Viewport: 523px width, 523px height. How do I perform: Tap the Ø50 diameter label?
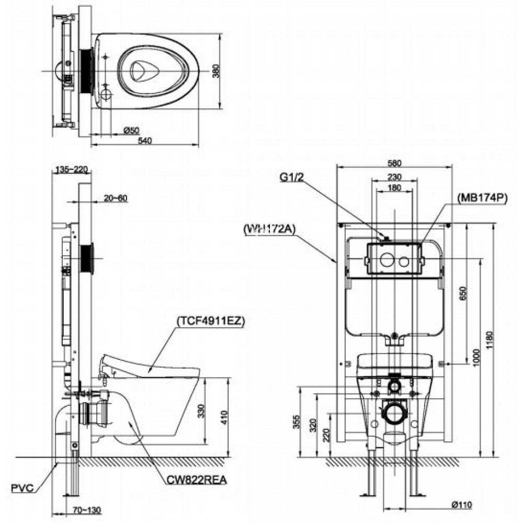[x=132, y=131]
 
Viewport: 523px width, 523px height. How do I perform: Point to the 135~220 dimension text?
[x=72, y=169]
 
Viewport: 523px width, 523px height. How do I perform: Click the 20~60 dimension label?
[x=115, y=198]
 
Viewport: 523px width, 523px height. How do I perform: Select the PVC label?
[x=22, y=488]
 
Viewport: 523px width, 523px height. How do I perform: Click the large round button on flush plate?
[x=387, y=259]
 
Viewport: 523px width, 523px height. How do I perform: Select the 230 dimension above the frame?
[x=395, y=177]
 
